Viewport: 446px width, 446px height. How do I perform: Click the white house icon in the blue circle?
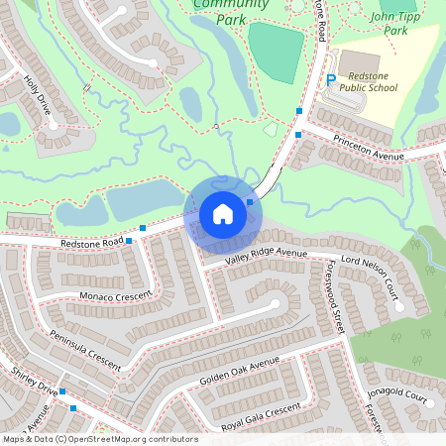[x=223, y=214]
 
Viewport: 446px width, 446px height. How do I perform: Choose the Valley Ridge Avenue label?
[x=267, y=256]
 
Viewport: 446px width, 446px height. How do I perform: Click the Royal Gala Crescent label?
[x=261, y=411]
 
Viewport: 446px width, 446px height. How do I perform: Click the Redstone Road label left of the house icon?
[x=91, y=242]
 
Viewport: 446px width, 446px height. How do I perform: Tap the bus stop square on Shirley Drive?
[x=61, y=392]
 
